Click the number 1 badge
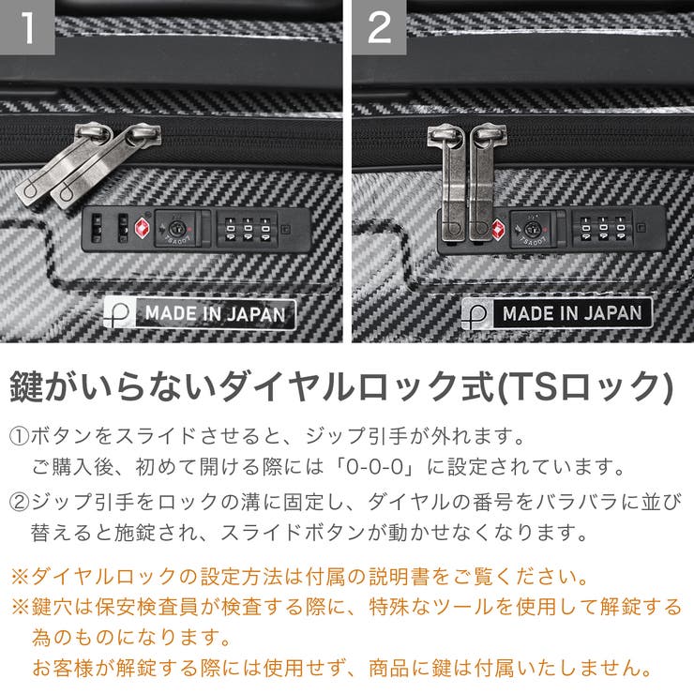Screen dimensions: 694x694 point(27,27)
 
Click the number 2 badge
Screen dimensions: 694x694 point(379,27)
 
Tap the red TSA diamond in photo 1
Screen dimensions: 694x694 point(143,228)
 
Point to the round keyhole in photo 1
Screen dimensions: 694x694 point(175,228)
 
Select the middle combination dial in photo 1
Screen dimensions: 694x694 point(249,229)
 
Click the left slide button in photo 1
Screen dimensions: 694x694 point(98,228)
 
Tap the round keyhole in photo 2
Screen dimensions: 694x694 point(532,228)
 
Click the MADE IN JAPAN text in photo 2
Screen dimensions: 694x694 point(572,313)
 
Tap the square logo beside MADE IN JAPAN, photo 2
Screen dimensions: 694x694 point(478,313)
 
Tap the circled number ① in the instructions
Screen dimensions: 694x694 point(21,437)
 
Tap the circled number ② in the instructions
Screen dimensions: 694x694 point(21,503)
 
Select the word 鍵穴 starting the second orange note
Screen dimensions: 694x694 point(50,608)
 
